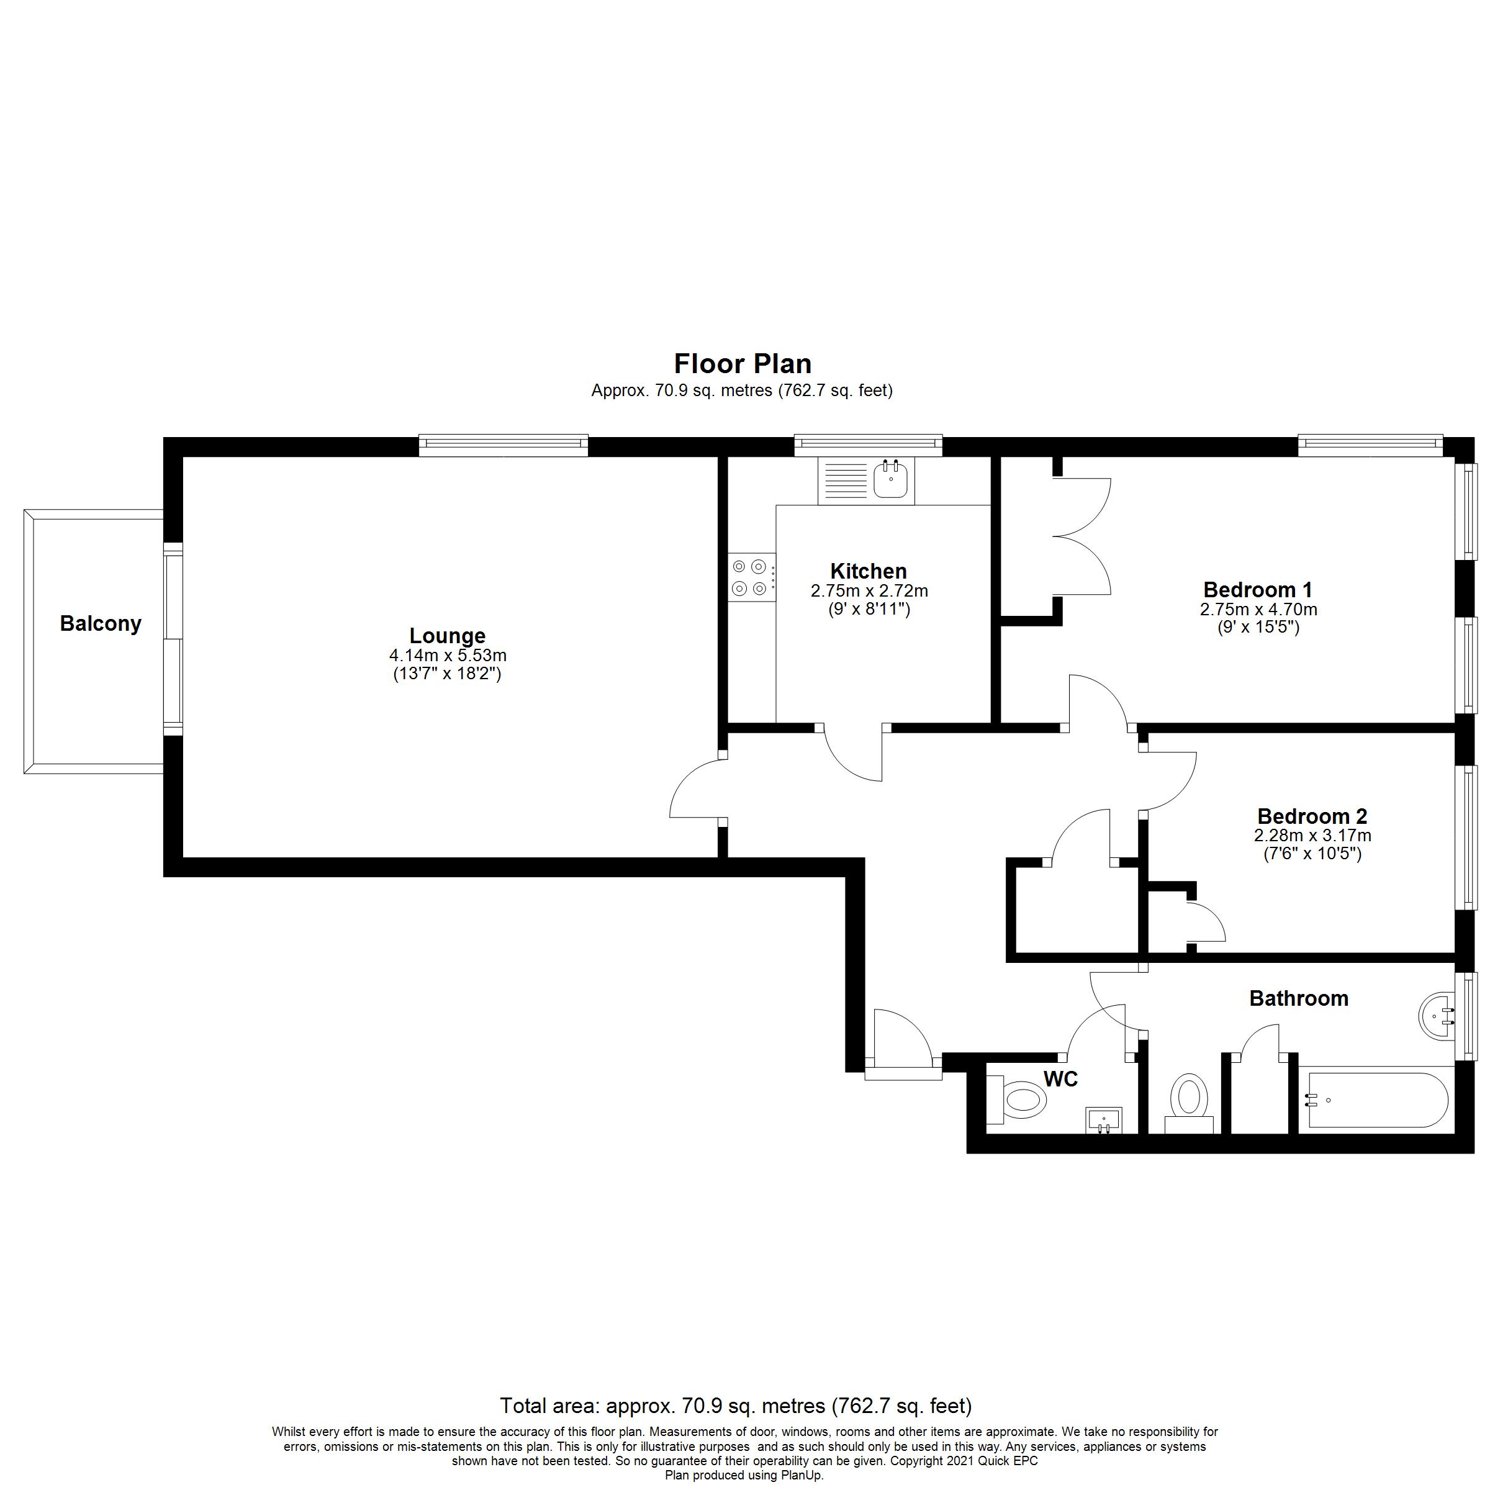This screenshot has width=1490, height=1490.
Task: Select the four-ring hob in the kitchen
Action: point(749,577)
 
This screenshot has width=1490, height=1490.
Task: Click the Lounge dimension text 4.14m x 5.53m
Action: point(447,656)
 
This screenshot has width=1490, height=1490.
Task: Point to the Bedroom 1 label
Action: point(1257,589)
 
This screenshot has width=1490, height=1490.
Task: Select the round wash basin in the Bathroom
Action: point(1436,1018)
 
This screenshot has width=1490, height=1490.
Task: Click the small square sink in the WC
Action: point(1104,1120)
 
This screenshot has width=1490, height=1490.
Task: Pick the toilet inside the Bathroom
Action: point(1188,1098)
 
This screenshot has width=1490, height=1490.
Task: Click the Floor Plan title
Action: point(742,363)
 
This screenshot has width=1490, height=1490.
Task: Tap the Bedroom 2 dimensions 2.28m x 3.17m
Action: point(1312,835)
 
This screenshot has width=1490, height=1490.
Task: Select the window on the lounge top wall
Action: point(503,445)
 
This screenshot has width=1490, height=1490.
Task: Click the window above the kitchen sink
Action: point(869,445)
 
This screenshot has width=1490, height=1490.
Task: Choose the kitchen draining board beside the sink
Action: point(846,481)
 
